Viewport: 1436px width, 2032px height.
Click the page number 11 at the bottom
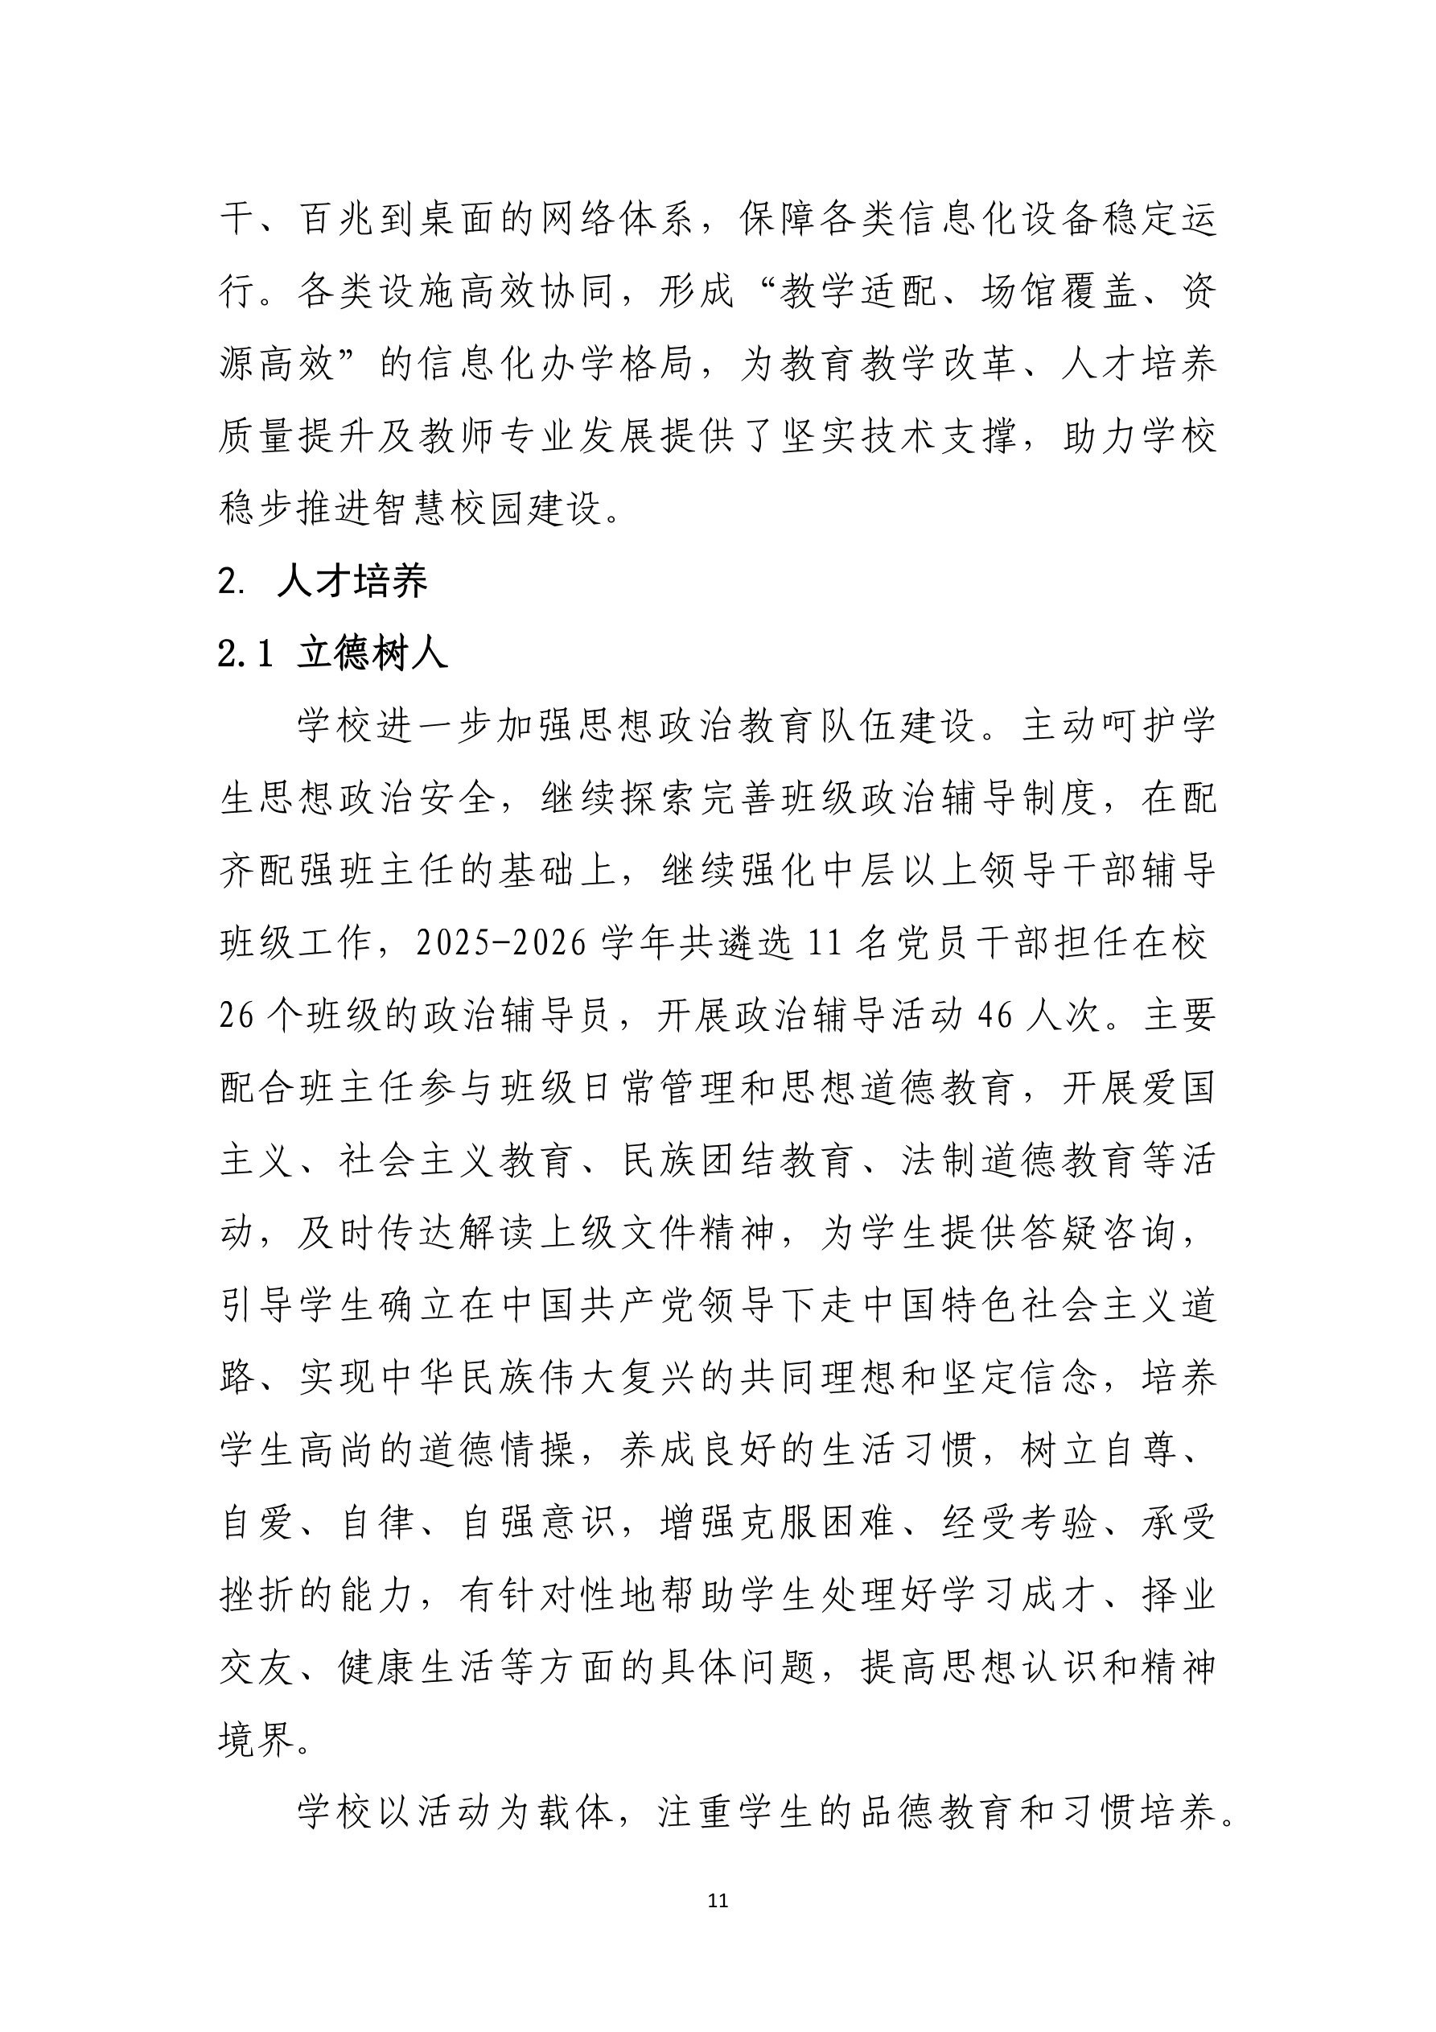(718, 1901)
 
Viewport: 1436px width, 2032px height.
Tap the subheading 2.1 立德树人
(333, 654)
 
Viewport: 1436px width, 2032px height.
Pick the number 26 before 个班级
(237, 1016)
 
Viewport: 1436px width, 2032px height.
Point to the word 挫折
(257, 1597)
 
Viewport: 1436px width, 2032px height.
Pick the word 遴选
(736, 944)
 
